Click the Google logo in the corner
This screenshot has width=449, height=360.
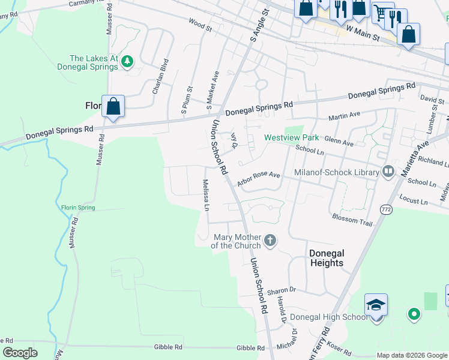[x=20, y=353]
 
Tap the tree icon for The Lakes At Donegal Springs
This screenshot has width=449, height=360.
[x=127, y=61]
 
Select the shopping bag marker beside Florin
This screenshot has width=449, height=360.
[x=113, y=107]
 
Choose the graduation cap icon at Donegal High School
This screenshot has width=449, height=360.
[x=376, y=305]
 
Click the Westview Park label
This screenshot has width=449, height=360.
[x=292, y=138]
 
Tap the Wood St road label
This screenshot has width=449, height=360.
[x=200, y=27]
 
